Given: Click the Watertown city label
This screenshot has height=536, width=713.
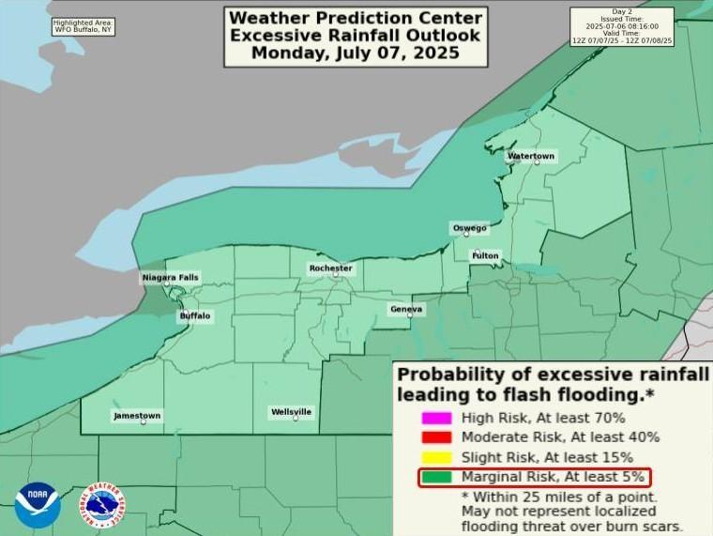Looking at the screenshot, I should tap(531, 156).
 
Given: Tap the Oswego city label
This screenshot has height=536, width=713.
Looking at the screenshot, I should tap(469, 228).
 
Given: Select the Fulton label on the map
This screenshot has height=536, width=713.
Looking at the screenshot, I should tap(485, 255).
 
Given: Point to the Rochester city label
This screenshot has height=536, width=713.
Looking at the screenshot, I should tap(330, 268).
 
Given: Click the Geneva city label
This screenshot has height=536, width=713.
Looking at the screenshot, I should tap(406, 309).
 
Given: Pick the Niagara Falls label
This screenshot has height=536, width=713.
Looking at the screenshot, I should tap(170, 278).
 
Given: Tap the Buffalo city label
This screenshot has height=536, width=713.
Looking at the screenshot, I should tap(195, 316).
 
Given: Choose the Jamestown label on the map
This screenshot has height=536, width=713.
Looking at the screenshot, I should tap(137, 415).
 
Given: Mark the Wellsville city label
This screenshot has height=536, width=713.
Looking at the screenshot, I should tap(291, 412).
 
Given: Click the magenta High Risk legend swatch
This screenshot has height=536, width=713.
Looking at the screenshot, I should tap(436, 418).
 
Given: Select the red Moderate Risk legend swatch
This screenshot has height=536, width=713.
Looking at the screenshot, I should tap(436, 437).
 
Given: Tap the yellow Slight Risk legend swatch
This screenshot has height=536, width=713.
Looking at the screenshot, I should tap(436, 457).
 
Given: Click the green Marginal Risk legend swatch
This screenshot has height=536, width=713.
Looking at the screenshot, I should tap(436, 477).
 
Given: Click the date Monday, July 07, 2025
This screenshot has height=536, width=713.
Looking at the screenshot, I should tap(356, 53).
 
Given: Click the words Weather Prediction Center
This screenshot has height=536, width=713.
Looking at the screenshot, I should tap(356, 18).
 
